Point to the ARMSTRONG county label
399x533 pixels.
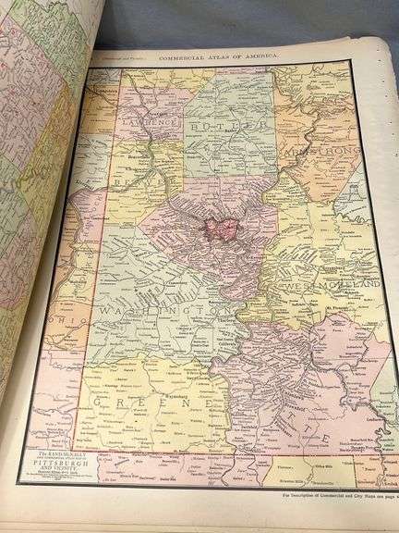[x=318, y=154]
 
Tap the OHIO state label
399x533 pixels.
[x=67, y=326]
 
